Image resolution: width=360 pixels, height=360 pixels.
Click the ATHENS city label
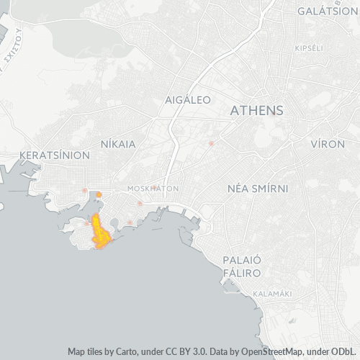point(256,111)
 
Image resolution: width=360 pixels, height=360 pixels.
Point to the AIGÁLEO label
point(187,99)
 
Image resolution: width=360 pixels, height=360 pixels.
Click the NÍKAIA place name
point(118,144)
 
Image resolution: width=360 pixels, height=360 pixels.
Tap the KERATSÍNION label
point(55,155)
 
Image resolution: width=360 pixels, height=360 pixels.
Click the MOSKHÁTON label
point(152,189)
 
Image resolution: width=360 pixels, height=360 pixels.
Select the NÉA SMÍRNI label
point(258,189)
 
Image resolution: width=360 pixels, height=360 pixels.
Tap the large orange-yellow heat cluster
point(101,232)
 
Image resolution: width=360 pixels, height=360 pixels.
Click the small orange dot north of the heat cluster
point(99,194)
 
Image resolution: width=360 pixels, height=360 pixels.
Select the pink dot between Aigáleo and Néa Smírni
point(211,143)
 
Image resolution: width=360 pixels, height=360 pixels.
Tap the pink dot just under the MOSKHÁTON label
point(140,203)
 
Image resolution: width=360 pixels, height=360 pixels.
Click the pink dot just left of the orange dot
point(85,190)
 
